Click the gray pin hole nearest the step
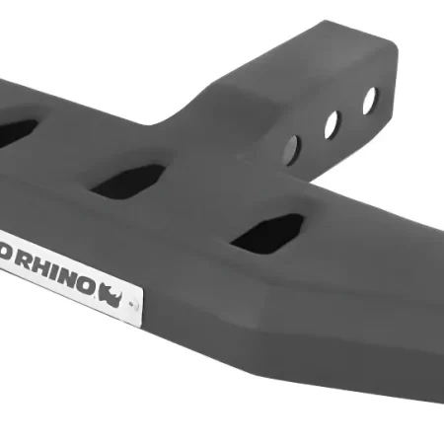click(292, 149)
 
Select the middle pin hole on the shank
click(332, 123)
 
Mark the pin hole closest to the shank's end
click(369, 100)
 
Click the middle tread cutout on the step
click(129, 182)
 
